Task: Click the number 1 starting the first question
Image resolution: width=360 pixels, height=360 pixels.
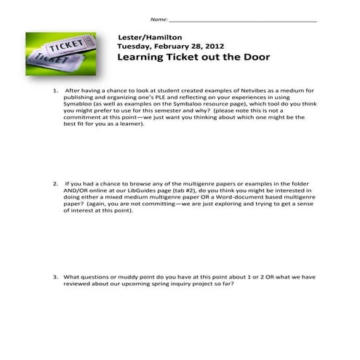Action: pos(55,91)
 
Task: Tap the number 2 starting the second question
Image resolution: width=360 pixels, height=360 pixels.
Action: pos(55,184)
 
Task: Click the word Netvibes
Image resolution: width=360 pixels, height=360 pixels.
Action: pos(238,91)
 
